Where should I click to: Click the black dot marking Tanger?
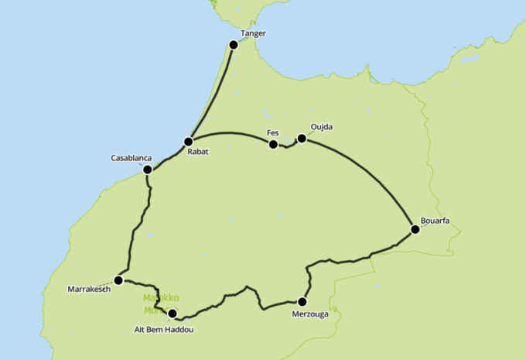pyautogui.click(x=234, y=44)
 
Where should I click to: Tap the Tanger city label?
pyautogui.click(x=253, y=34)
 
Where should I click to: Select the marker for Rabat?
pyautogui.click(x=188, y=142)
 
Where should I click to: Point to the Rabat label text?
pyautogui.click(x=198, y=153)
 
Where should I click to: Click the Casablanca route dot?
pyautogui.click(x=147, y=169)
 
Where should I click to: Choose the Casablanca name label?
pyautogui.click(x=131, y=158)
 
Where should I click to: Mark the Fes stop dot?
pyautogui.click(x=273, y=144)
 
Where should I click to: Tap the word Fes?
pyautogui.click(x=272, y=133)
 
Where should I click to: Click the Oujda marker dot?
pyautogui.click(x=302, y=139)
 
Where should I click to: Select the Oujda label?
pyautogui.click(x=321, y=127)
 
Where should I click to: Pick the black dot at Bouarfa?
pyautogui.click(x=415, y=228)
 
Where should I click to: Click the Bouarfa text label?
pyautogui.click(x=435, y=220)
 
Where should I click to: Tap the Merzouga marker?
pyautogui.click(x=302, y=302)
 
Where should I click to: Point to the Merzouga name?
pyautogui.click(x=312, y=314)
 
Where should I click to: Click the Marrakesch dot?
pyautogui.click(x=118, y=280)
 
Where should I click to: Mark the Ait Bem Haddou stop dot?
pyautogui.click(x=172, y=314)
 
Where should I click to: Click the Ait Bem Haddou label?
pyautogui.click(x=159, y=329)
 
